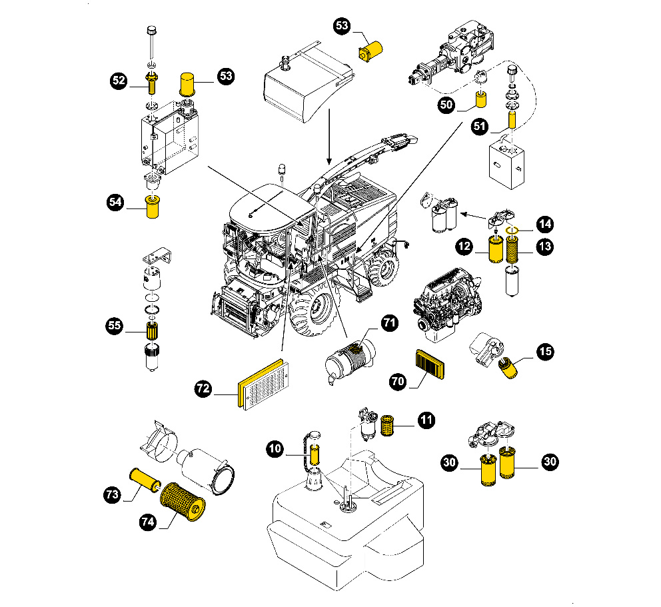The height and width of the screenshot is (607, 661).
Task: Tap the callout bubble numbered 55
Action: (115, 326)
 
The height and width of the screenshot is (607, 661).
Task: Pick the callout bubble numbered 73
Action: (113, 494)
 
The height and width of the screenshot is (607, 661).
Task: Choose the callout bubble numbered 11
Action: (426, 420)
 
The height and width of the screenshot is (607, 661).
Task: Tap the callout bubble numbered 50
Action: (446, 104)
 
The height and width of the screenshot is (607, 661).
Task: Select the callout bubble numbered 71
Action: (389, 324)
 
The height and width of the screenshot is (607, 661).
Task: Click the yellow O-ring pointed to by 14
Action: (512, 232)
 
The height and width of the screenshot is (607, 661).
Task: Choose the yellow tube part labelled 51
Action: (512, 119)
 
